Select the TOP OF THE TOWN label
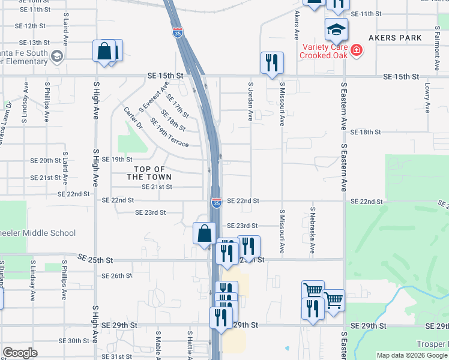click(x=149, y=173)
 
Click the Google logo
click(x=20, y=353)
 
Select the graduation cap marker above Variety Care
click(x=336, y=28)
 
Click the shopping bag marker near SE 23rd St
click(x=204, y=233)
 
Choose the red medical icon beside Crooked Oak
click(x=357, y=49)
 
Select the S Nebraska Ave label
click(x=313, y=231)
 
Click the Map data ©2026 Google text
click(x=411, y=355)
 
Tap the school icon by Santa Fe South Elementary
click(x=57, y=57)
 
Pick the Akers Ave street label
click(x=297, y=24)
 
